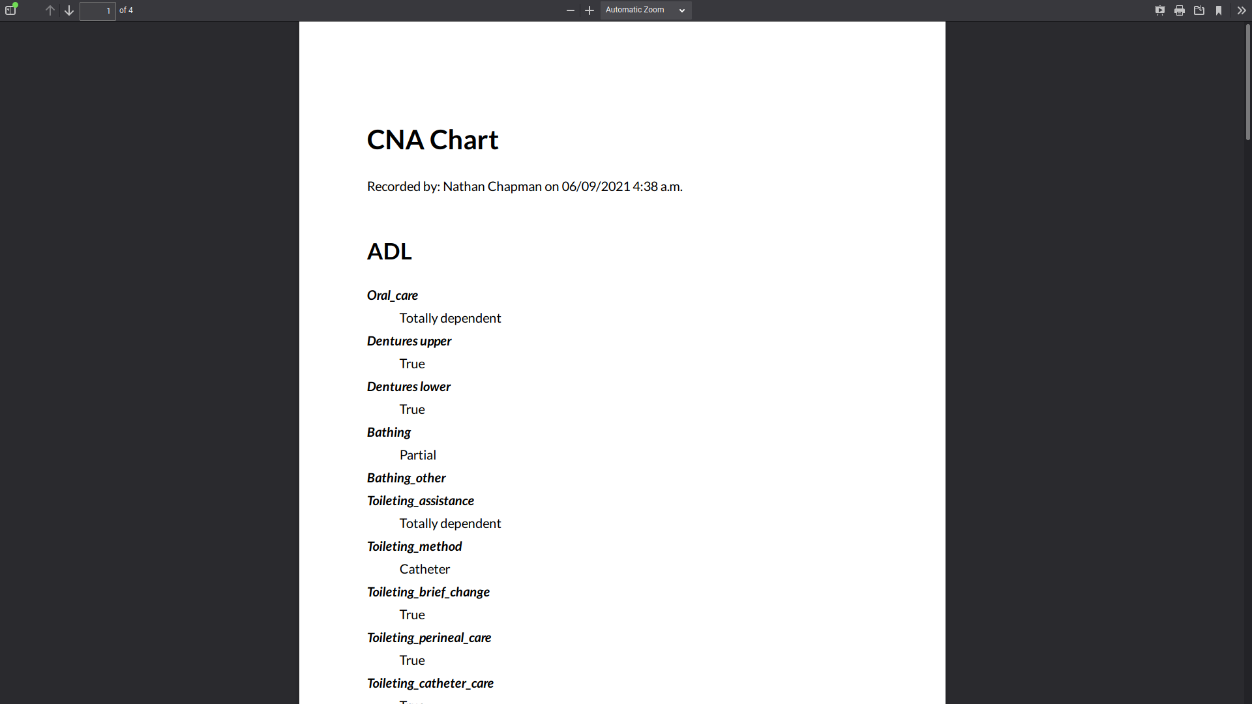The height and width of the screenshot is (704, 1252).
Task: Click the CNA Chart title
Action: click(432, 140)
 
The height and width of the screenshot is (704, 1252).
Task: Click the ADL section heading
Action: click(389, 252)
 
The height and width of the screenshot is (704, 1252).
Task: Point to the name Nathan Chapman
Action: click(492, 186)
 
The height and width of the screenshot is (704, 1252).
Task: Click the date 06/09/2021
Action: click(596, 186)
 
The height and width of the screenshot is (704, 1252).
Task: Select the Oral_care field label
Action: click(393, 295)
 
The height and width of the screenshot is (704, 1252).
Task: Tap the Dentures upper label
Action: click(409, 341)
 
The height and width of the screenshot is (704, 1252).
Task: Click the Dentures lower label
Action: click(409, 387)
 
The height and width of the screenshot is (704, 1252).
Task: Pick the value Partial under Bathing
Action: click(418, 455)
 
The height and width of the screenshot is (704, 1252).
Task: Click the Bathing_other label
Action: click(406, 478)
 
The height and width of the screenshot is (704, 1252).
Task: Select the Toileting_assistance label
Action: click(421, 501)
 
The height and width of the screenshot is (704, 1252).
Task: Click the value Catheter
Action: click(425, 569)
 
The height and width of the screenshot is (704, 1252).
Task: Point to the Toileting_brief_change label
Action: click(428, 592)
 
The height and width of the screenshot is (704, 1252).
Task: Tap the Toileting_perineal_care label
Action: click(429, 638)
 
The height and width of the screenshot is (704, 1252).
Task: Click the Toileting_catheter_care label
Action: click(430, 683)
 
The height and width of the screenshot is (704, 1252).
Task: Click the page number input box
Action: click(98, 10)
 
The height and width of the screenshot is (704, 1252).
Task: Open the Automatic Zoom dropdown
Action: click(646, 10)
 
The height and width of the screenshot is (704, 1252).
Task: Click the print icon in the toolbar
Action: click(1180, 10)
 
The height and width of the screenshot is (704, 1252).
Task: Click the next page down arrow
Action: click(69, 10)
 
